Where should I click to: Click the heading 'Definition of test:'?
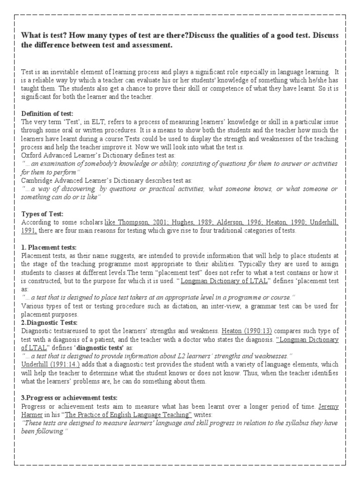click(x=47, y=114)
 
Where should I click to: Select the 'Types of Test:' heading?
click(x=42, y=214)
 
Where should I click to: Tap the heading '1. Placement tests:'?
click(x=49, y=247)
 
